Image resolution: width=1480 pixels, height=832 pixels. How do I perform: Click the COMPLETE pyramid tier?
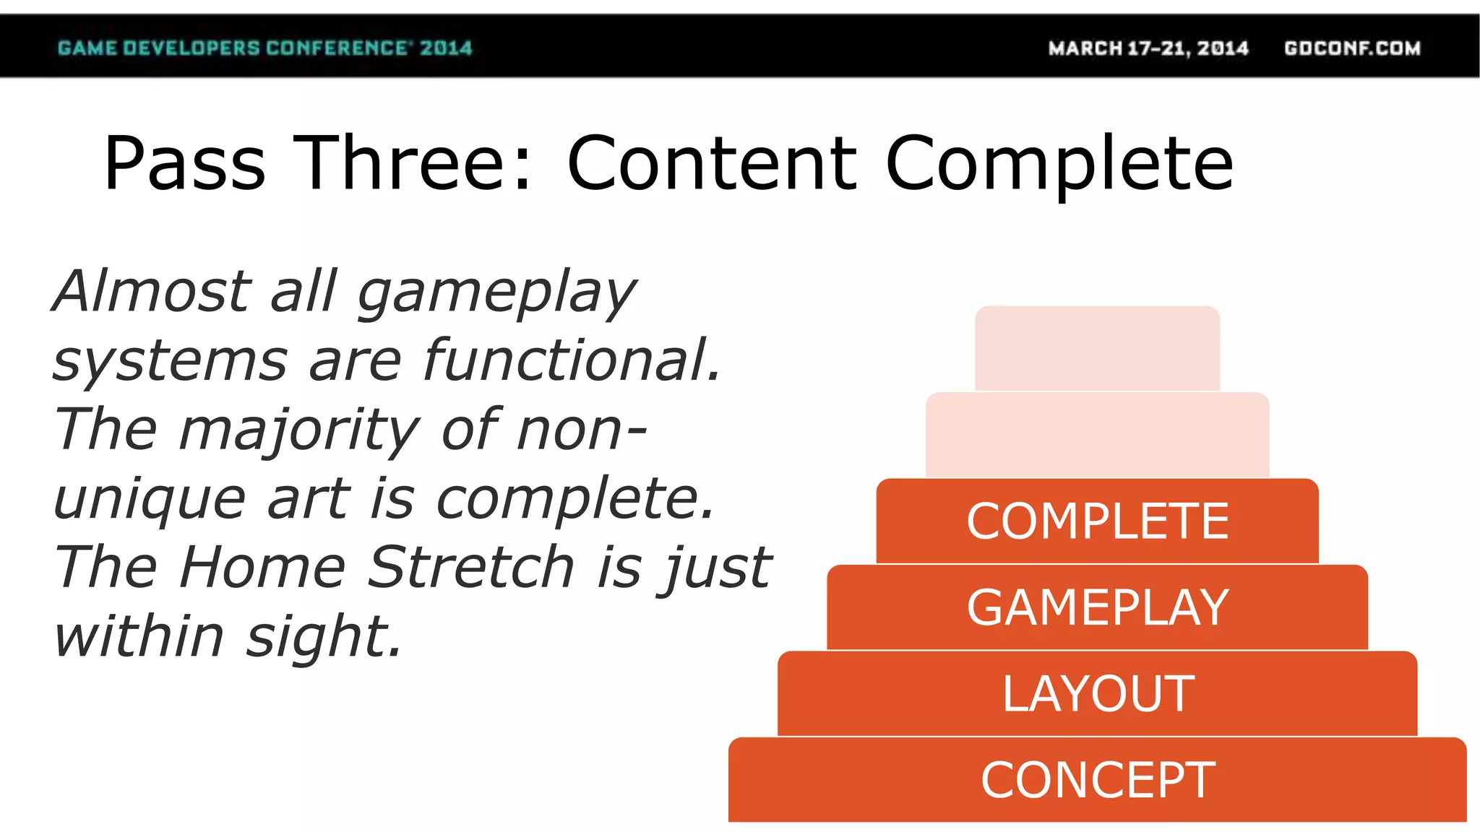[1097, 521]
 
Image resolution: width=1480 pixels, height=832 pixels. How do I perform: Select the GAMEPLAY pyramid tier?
[1097, 607]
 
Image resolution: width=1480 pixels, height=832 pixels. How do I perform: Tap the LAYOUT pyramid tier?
[1097, 693]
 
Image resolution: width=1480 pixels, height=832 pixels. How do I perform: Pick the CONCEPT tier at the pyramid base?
[1097, 780]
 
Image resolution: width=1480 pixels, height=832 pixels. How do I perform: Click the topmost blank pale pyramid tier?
[1097, 348]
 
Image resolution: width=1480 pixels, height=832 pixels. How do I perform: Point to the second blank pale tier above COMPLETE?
[1097, 435]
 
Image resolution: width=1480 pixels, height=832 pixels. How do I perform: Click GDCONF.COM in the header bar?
[1352, 48]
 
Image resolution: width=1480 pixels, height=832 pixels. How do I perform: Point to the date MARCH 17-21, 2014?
[1148, 48]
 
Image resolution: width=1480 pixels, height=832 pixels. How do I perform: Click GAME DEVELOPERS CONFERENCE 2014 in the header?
[264, 48]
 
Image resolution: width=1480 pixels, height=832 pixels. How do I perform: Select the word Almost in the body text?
[152, 291]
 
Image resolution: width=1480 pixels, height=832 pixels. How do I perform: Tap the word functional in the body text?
[571, 360]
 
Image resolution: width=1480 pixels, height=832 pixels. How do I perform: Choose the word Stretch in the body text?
[471, 567]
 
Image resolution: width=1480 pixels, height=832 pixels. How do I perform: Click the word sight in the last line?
[323, 638]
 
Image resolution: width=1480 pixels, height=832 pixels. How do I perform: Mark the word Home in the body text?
[263, 567]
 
